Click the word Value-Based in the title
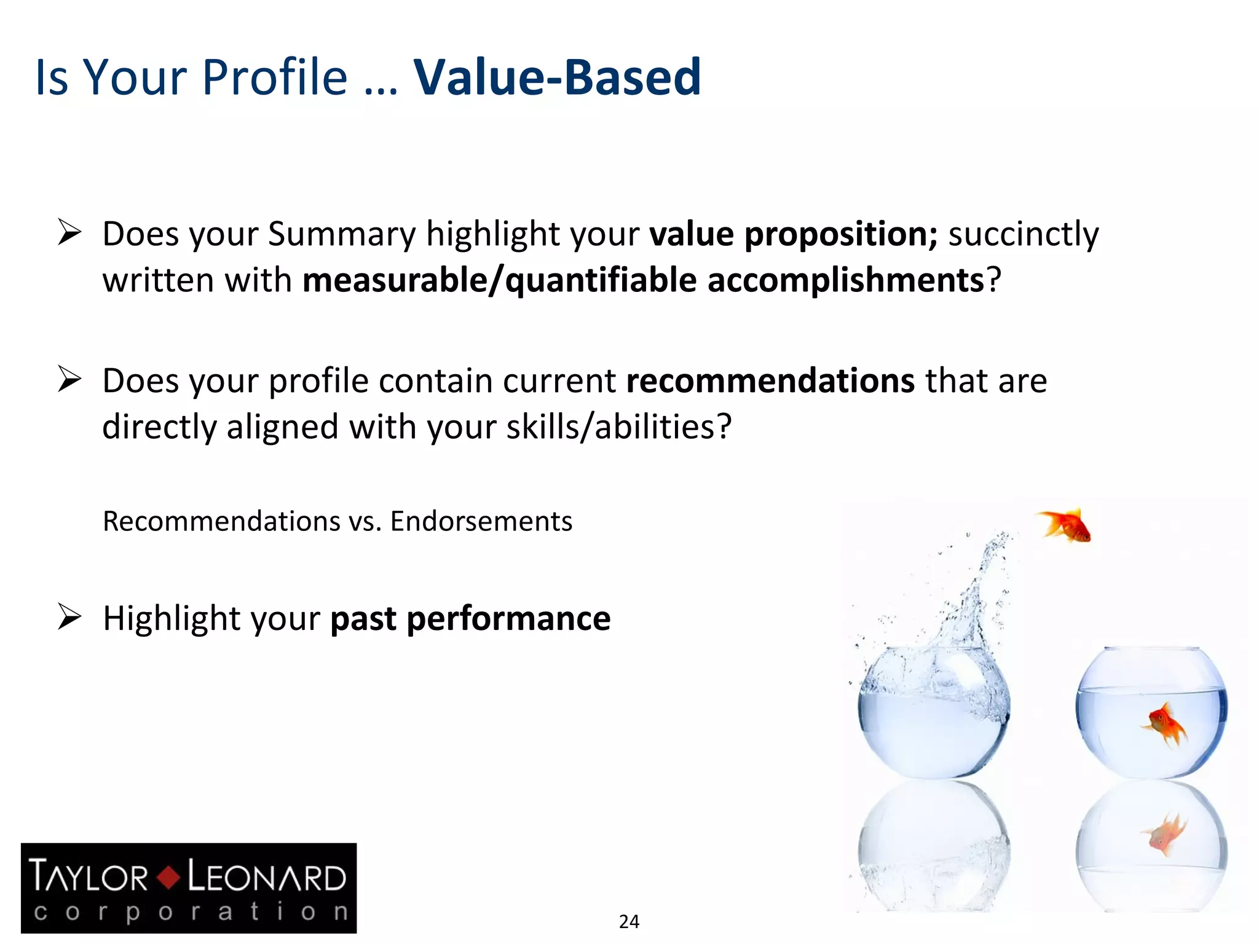tap(557, 77)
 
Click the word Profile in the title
tap(275, 77)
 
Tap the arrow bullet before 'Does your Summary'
tap(69, 232)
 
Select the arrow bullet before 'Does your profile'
tap(69, 379)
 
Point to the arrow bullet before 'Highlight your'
tap(69, 616)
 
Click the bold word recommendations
tap(770, 380)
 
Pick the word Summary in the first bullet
tap(342, 235)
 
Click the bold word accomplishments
tap(846, 280)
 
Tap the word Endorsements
tap(481, 521)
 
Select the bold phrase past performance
tap(470, 618)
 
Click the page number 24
tap(629, 921)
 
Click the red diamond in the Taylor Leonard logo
tap(168, 877)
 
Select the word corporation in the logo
tap(191, 911)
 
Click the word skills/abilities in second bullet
tap(618, 427)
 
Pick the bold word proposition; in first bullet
tap(841, 235)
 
